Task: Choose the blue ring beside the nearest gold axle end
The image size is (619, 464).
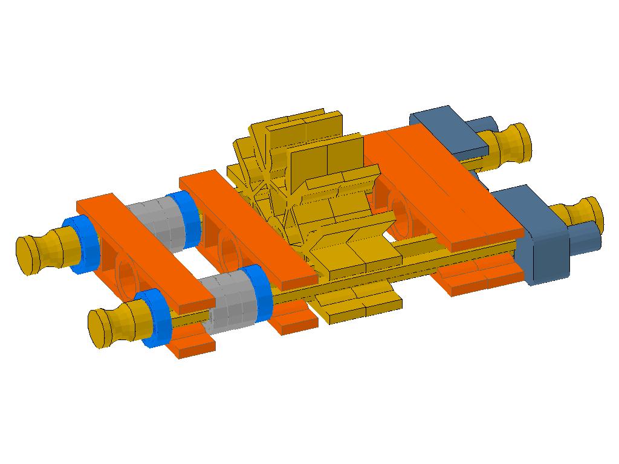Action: pyautogui.click(x=155, y=317)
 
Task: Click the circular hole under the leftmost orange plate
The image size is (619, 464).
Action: pyautogui.click(x=127, y=275)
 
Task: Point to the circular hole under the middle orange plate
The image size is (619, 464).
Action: pyautogui.click(x=229, y=247)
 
